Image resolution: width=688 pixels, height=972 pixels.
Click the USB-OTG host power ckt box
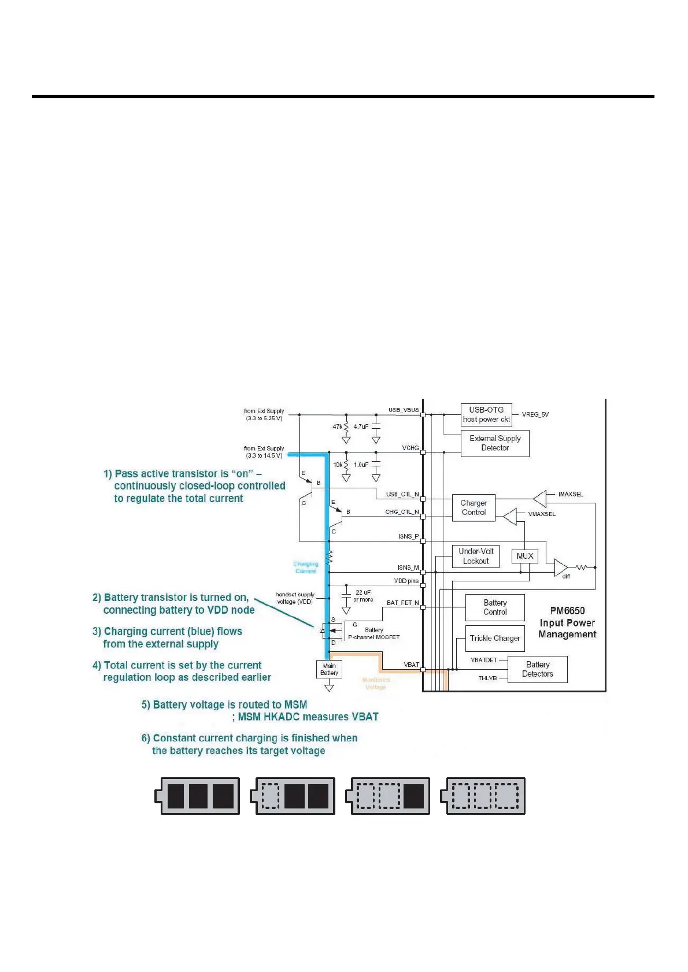click(486, 414)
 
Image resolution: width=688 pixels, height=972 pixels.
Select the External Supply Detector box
click(495, 443)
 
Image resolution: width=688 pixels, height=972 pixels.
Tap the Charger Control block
click(474, 508)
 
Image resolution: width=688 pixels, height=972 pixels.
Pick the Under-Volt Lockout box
click(475, 556)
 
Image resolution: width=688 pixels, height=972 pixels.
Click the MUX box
click(525, 556)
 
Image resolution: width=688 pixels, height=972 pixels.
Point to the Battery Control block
click(495, 607)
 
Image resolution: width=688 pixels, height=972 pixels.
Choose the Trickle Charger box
click(495, 638)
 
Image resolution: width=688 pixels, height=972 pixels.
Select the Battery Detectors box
click(537, 669)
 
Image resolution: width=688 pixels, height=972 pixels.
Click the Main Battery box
click(329, 669)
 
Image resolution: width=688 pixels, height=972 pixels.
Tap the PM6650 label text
click(567, 611)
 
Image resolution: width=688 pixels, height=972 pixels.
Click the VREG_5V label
click(535, 414)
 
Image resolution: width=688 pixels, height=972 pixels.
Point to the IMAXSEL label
click(571, 494)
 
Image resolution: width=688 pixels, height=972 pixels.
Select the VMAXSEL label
click(542, 514)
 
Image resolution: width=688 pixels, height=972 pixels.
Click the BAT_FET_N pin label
click(402, 603)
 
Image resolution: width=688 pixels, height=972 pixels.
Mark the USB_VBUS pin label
click(404, 410)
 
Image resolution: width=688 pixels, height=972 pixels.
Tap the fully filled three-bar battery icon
click(198, 796)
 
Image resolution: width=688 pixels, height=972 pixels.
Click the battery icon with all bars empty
click(483, 796)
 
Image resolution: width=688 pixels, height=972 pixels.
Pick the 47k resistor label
click(337, 426)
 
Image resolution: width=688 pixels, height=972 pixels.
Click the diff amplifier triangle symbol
click(560, 567)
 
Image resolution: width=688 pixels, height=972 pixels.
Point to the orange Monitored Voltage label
click(376, 684)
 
